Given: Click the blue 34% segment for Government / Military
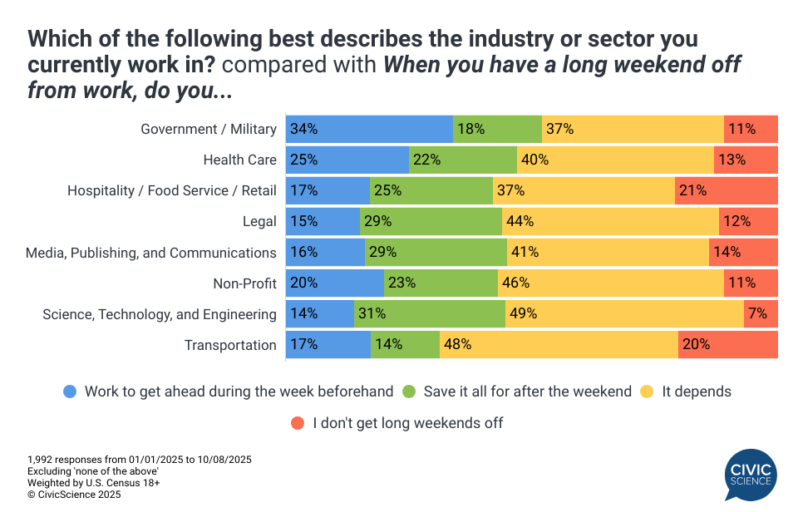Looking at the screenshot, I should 369,129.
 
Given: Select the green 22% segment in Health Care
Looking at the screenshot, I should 462,160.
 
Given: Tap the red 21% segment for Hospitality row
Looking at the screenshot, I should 726,190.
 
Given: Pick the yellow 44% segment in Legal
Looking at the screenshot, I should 610,221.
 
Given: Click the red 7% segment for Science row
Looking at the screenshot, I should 761,314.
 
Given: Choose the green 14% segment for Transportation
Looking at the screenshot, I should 405,345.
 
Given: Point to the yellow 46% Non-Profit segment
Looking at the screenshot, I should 610,283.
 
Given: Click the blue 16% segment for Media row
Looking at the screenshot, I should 325,253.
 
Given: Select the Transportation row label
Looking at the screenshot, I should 230,345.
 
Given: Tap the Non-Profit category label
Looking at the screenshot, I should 244,283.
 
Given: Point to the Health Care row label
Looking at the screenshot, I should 239,160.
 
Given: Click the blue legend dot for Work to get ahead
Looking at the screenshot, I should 71,391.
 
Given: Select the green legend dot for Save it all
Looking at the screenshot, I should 409,391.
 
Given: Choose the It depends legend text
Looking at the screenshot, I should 696,391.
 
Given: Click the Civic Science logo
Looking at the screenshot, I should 751,475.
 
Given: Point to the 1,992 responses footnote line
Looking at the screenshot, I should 139,460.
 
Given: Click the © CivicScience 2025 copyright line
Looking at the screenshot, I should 74,495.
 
